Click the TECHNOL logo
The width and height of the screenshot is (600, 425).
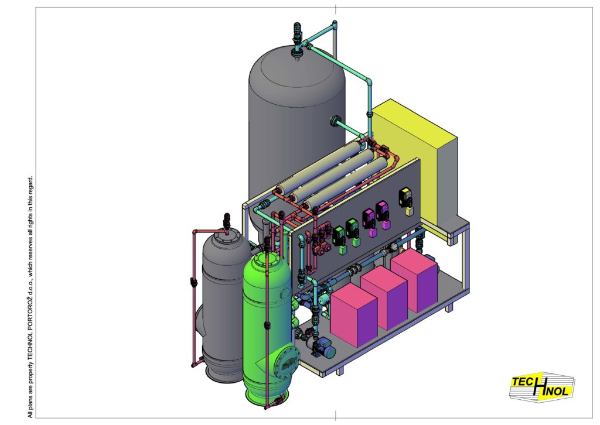tap(542, 387)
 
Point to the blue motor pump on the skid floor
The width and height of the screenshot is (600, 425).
tap(323, 347)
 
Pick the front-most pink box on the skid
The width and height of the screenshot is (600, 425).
tap(354, 314)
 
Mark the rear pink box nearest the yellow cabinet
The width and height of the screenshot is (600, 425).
tap(414, 280)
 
